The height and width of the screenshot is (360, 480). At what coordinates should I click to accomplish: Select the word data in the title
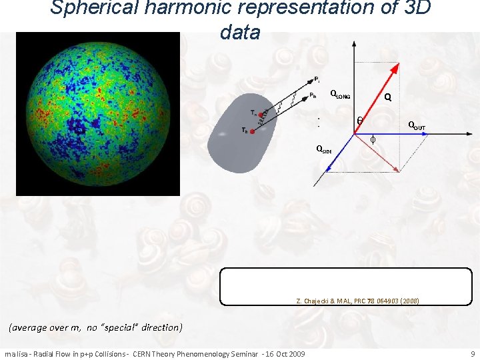coord(239,32)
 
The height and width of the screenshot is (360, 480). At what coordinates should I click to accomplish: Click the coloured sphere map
coord(98,113)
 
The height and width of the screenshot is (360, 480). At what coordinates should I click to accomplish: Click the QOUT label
coord(417,127)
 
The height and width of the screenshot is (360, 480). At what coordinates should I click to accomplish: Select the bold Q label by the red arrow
coord(387,97)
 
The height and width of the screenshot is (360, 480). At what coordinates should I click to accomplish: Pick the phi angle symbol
coord(373,139)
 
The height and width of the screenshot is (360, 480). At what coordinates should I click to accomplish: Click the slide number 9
coord(472,353)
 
